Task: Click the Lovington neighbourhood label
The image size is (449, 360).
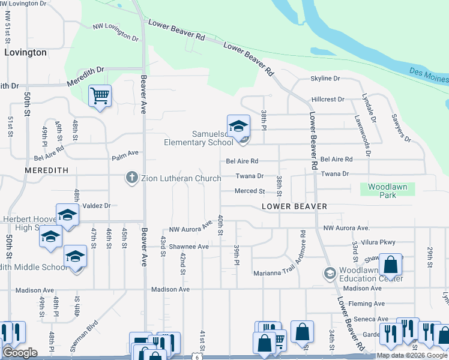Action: (x=25, y=52)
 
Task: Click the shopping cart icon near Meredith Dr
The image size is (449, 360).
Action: (x=100, y=95)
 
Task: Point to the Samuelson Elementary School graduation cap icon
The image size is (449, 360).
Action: (x=238, y=125)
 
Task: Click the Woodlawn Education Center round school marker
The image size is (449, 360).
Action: (x=329, y=274)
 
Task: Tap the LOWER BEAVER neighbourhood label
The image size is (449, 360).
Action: (x=294, y=206)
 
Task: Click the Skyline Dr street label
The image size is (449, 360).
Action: (x=325, y=79)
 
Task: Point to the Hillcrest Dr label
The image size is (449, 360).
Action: (x=328, y=99)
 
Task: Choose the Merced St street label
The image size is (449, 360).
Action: (x=250, y=191)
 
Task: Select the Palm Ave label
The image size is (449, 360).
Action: (x=125, y=158)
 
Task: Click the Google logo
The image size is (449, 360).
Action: (x=20, y=353)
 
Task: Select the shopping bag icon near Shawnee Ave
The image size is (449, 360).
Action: (x=390, y=264)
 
